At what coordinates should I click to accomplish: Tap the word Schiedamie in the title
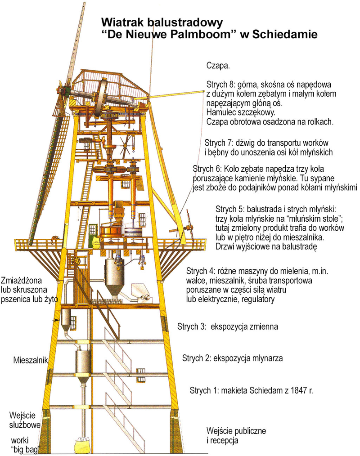click(285, 34)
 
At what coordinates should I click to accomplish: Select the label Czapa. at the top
click(218, 66)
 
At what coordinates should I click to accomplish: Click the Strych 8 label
click(220, 85)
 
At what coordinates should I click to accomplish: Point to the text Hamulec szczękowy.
click(241, 112)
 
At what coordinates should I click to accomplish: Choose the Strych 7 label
click(219, 143)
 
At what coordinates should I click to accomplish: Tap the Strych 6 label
click(207, 169)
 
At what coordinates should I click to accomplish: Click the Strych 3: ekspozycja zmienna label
click(228, 326)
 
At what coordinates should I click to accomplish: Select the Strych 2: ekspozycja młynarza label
click(233, 358)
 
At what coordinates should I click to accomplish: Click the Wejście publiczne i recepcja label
click(236, 435)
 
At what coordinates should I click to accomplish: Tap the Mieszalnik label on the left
click(31, 360)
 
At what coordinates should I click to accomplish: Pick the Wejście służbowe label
click(24, 420)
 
